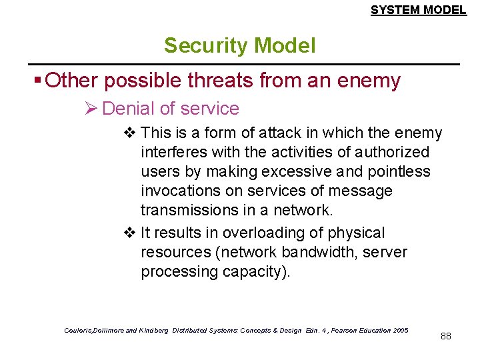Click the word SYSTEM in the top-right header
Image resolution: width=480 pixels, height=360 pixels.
tap(394, 10)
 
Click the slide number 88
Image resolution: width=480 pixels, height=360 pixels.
tap(446, 336)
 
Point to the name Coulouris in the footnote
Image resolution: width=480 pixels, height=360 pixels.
tap(81, 331)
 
